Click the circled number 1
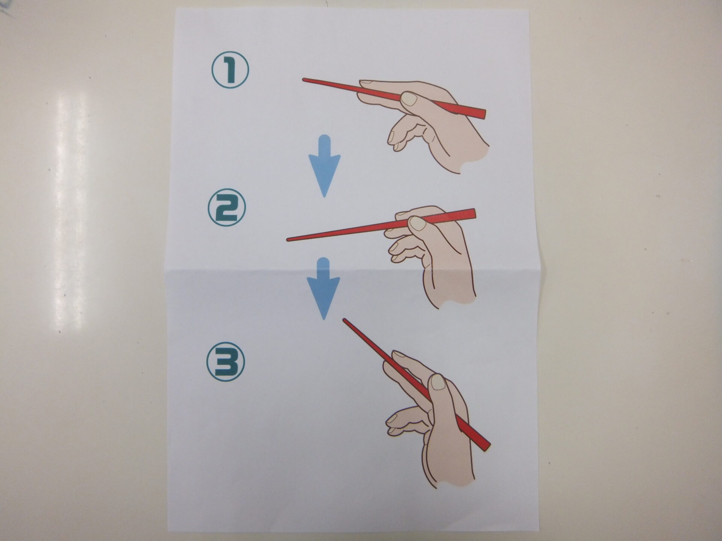(x=230, y=70)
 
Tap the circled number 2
(x=227, y=208)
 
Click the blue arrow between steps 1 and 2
(x=325, y=166)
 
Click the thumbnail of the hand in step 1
(x=409, y=100)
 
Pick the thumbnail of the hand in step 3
(x=437, y=382)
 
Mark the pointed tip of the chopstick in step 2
(x=288, y=239)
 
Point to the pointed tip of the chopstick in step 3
(x=344, y=320)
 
